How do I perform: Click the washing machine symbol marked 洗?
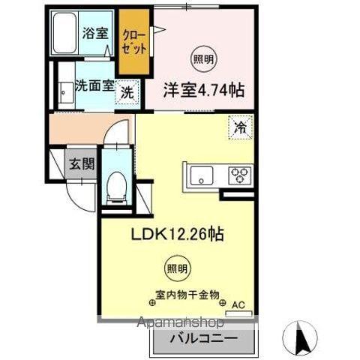point(127,93)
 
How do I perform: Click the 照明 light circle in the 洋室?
point(202,58)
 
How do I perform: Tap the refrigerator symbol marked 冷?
point(241,127)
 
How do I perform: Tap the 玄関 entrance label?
point(82,165)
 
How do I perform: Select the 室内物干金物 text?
point(187,295)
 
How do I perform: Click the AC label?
point(239,304)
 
